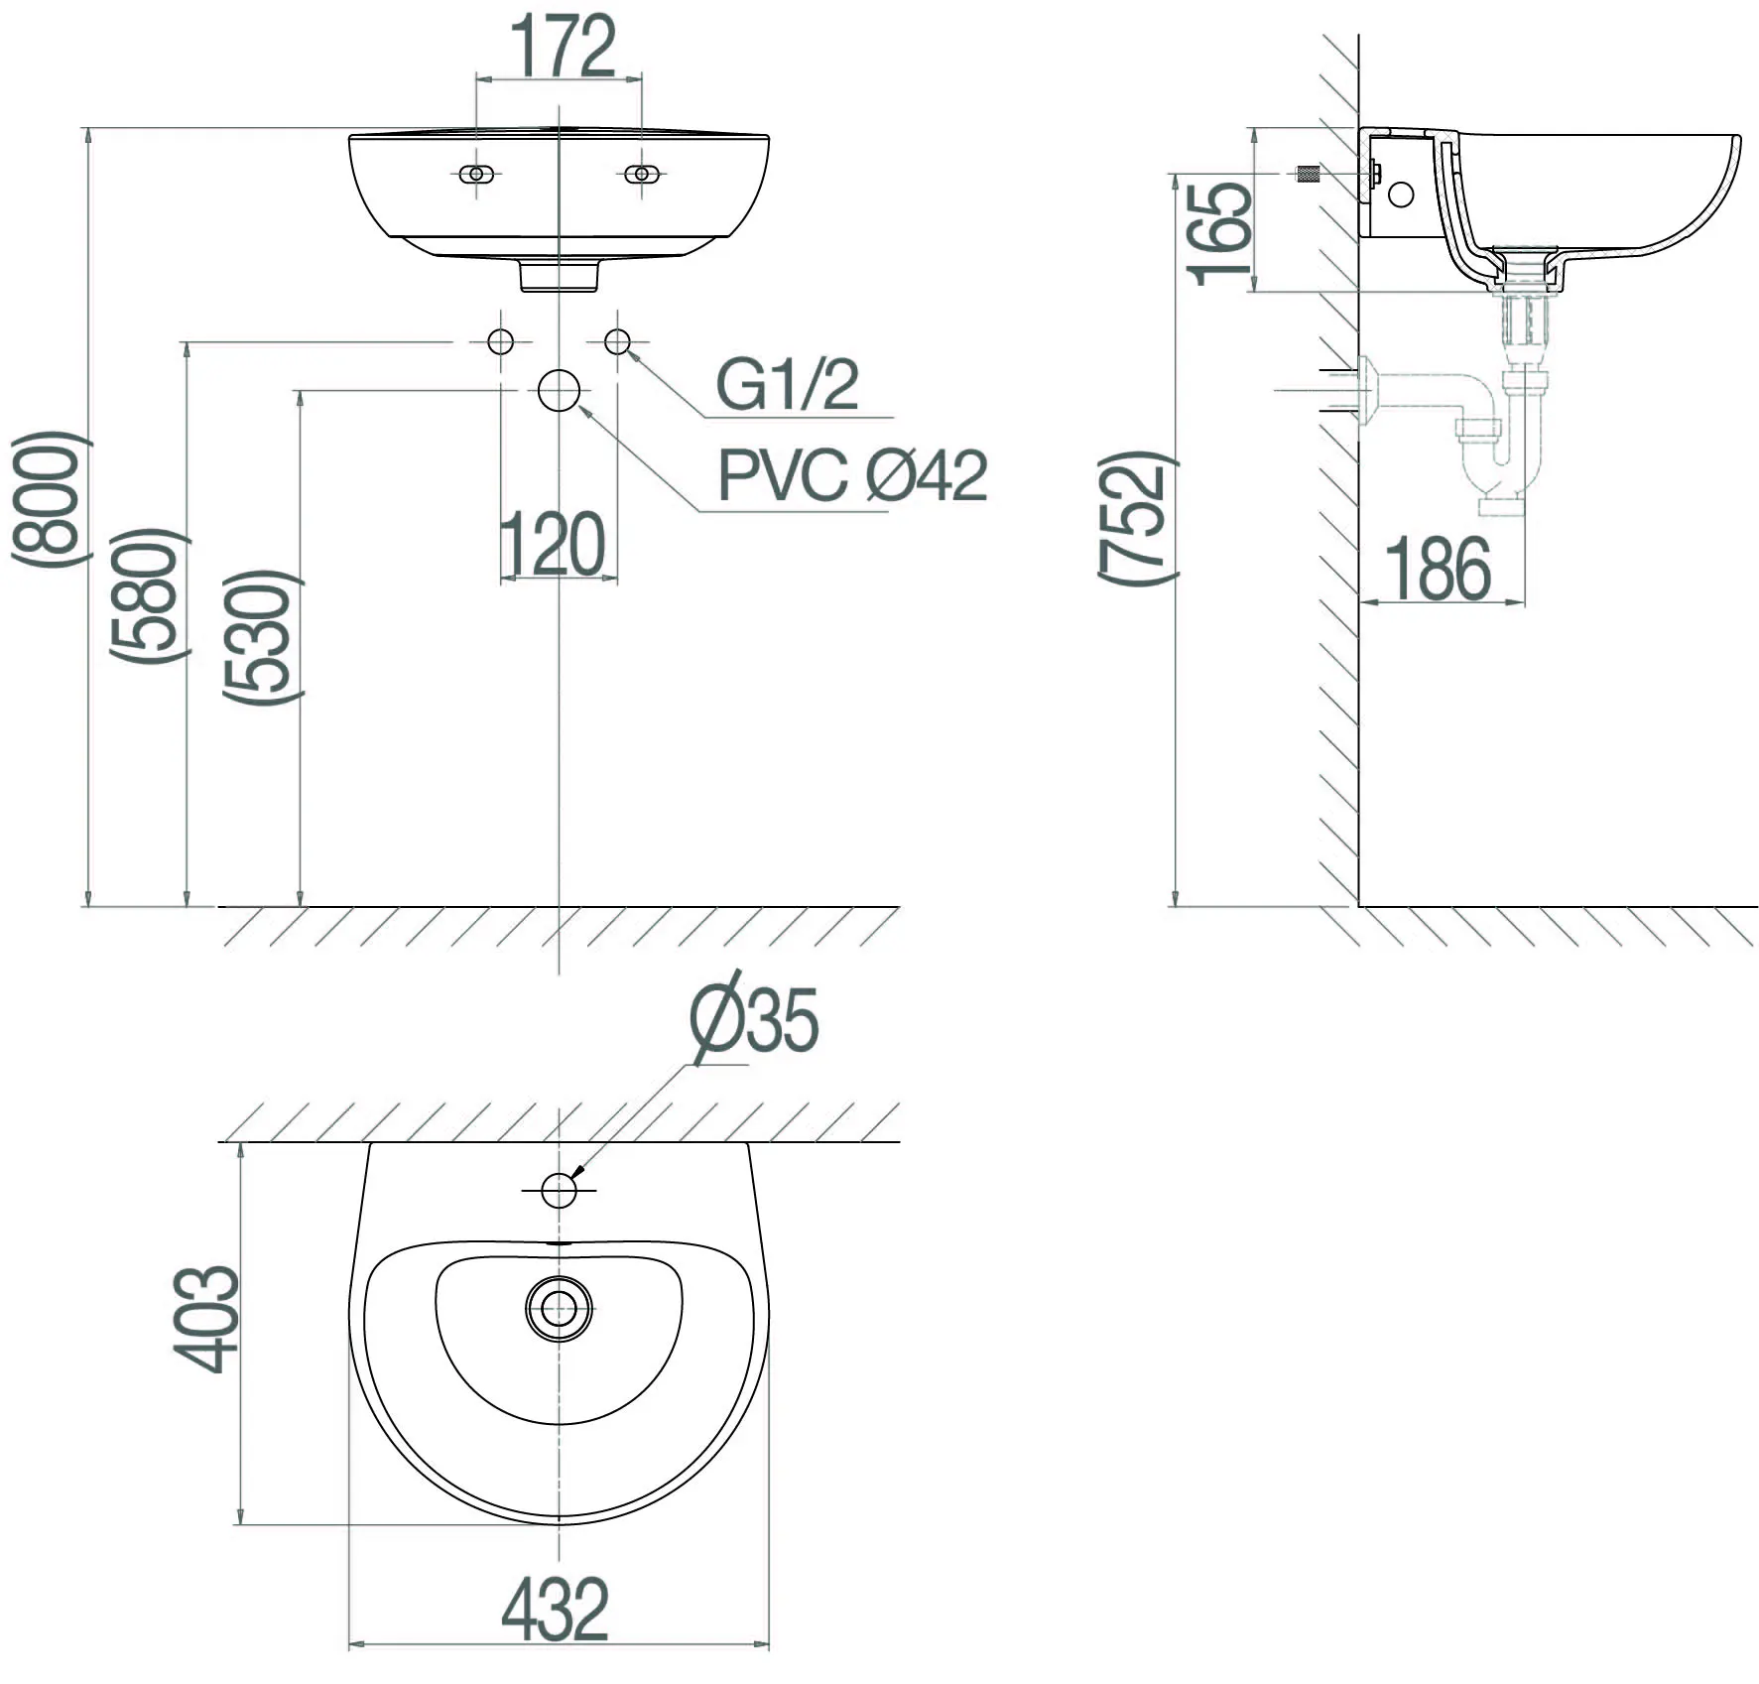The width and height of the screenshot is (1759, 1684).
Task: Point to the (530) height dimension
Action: pos(261,637)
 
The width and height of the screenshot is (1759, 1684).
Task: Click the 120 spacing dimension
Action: pos(553,545)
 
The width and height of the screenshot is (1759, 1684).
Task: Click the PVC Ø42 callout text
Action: pos(852,476)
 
